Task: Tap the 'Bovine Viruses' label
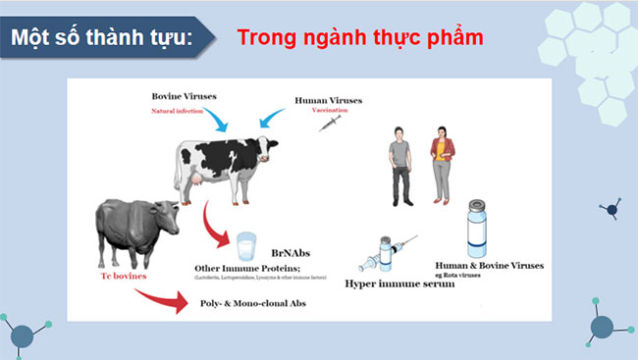pyautogui.click(x=184, y=96)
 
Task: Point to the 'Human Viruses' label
pyautogui.click(x=329, y=100)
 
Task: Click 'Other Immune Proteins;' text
pyautogui.click(x=252, y=269)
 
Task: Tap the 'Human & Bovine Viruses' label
pyautogui.click(x=490, y=265)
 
